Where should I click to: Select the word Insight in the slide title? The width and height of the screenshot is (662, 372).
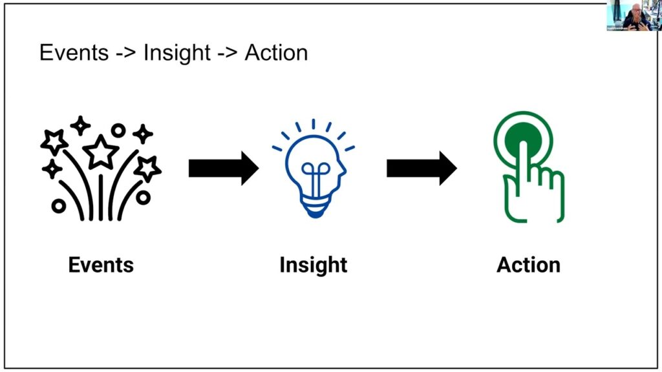tap(177, 52)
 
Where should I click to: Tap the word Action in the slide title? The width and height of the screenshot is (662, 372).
tap(276, 52)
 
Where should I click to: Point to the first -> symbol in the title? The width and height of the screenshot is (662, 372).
tap(126, 53)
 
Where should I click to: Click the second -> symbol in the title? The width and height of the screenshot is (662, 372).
tap(228, 53)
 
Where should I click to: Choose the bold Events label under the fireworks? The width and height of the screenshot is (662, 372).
tap(101, 265)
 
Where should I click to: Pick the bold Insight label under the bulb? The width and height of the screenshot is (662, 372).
tap(314, 265)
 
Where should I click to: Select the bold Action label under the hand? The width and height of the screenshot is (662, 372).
tap(528, 265)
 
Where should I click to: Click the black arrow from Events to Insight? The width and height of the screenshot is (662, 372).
tap(223, 168)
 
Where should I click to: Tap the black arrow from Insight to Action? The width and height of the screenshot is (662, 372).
tap(422, 168)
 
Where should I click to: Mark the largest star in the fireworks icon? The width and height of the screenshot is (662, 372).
tap(101, 152)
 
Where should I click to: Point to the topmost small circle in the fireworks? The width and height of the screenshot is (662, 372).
tap(118, 130)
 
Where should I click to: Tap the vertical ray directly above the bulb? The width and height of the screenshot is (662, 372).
tap(314, 124)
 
